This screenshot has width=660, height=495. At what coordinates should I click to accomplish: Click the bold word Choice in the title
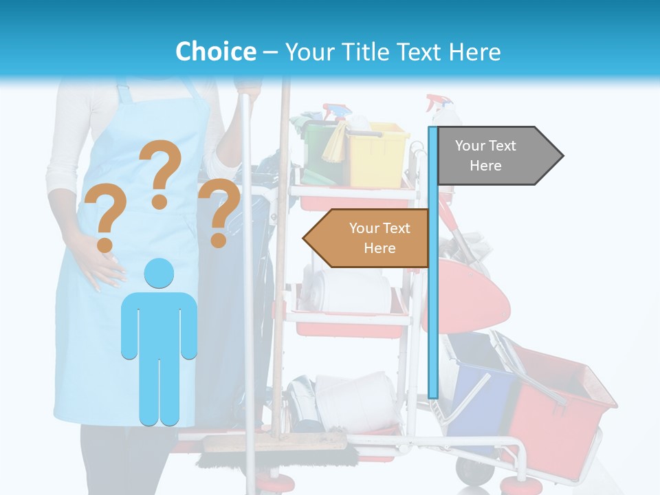(x=215, y=52)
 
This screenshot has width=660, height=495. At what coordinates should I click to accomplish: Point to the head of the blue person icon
(x=159, y=274)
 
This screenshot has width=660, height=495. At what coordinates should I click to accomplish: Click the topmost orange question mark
(x=161, y=173)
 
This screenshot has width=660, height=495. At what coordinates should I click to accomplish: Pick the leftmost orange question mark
(x=104, y=219)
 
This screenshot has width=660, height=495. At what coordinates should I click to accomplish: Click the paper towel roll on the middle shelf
(x=347, y=292)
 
